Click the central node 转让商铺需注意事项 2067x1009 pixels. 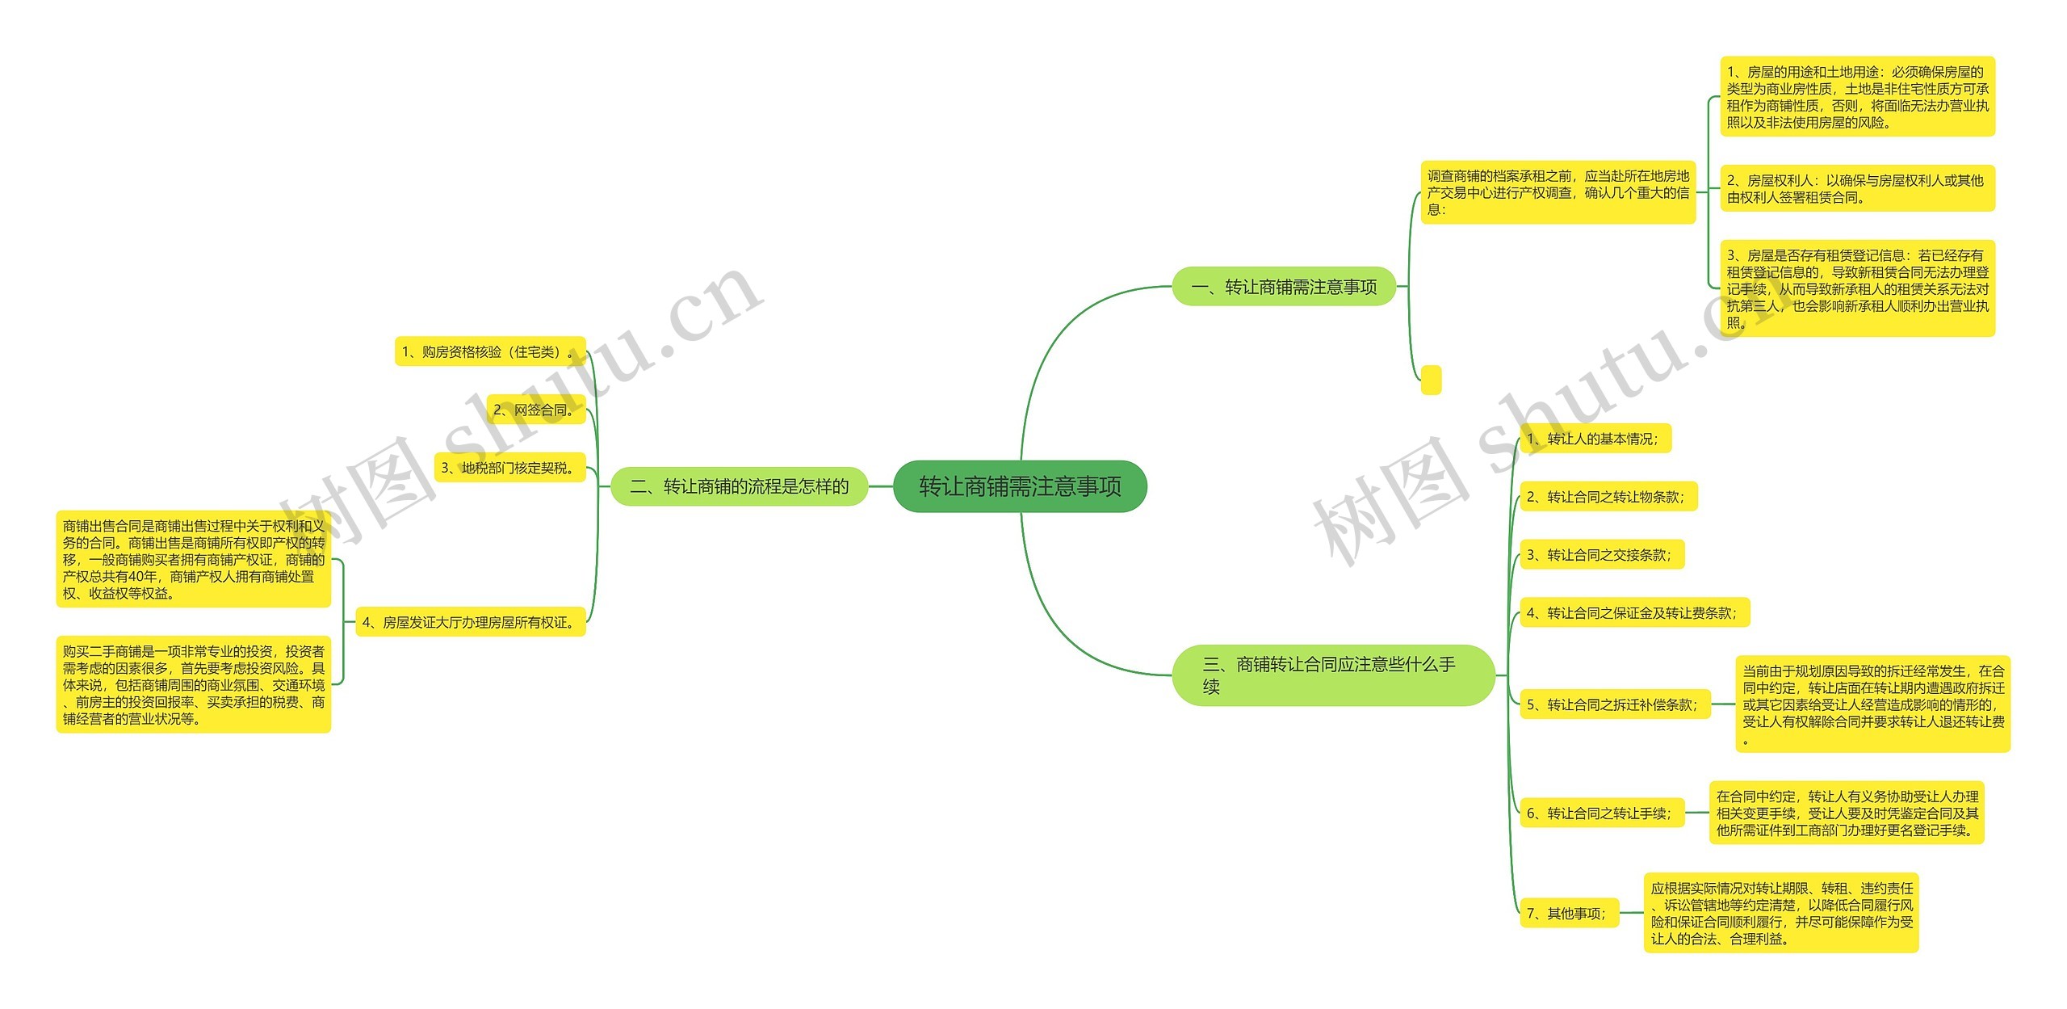tap(1020, 486)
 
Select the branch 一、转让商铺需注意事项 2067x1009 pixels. tap(1284, 287)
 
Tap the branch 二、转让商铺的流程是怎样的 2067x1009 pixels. tap(739, 486)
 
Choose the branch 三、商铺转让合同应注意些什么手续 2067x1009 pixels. tap(1332, 675)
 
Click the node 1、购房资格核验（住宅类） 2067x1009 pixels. tap(489, 351)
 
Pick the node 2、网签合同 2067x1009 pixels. tap(535, 410)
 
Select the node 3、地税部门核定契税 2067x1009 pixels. tap(509, 468)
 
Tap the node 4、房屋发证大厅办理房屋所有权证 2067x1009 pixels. tap(470, 622)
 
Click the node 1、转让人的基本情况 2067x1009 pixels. tap(1595, 439)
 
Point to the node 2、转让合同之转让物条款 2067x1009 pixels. tap(1608, 497)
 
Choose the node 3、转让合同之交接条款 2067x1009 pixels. tap(1601, 555)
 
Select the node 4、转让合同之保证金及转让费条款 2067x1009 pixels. tap(1633, 613)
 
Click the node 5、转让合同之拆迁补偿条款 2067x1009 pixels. tap(1615, 704)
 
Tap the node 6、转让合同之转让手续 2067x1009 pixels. tap(1601, 814)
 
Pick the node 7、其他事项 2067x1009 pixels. tap(1569, 914)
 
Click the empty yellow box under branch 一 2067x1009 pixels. tap(1431, 380)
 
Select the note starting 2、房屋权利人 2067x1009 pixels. tap(1857, 188)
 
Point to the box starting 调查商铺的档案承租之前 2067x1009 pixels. tap(1558, 192)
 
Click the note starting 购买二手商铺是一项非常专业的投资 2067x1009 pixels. tap(194, 684)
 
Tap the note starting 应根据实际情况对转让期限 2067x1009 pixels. tap(1780, 913)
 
